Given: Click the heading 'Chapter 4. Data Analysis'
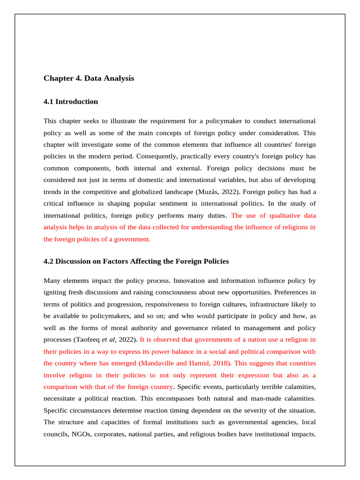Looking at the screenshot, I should tap(89, 78).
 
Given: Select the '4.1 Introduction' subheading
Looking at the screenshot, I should tap(71, 102).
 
